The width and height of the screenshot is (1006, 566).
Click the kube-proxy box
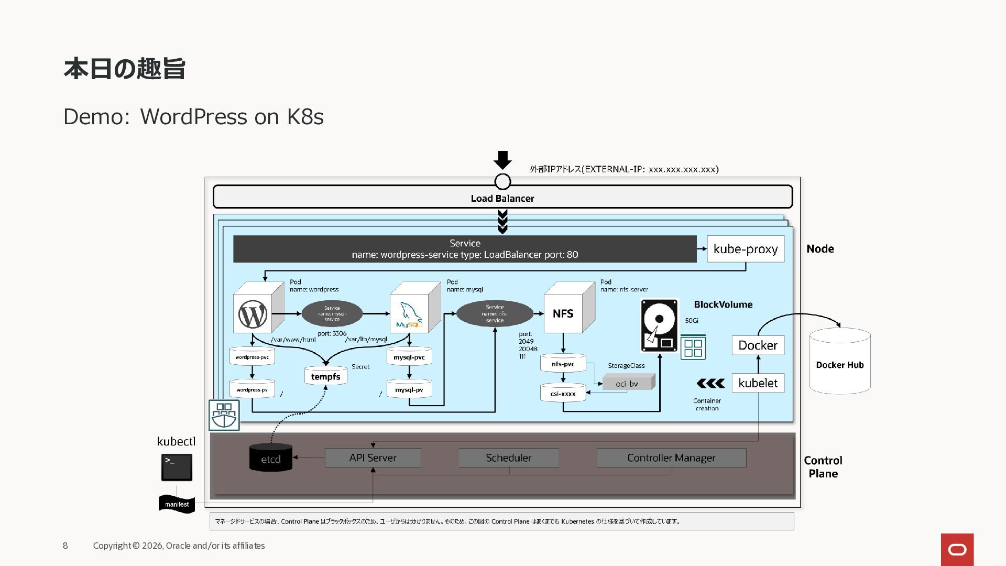point(745,249)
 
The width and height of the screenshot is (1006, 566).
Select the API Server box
point(373,458)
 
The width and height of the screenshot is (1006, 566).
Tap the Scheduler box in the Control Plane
point(508,458)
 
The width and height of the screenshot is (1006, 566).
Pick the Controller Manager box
point(671,458)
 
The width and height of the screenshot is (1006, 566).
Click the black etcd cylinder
point(271,458)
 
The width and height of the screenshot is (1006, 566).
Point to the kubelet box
point(758,383)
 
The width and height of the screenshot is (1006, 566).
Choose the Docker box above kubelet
point(758,345)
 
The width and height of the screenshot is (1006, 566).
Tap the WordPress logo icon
point(253,314)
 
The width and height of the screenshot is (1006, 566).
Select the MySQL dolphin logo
point(409,314)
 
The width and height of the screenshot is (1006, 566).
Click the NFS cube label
point(563,313)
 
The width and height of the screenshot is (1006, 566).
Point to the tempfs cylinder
point(325,376)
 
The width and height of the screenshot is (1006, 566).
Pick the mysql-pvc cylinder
point(409,357)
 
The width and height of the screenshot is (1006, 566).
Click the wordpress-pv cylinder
point(252,389)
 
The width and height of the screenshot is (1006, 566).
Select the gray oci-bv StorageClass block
point(628,383)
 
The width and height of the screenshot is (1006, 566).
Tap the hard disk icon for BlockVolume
point(659,325)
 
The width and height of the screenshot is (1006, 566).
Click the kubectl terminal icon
point(177,467)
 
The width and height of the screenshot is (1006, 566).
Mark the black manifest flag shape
point(177,504)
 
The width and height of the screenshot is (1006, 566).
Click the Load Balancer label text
point(502,198)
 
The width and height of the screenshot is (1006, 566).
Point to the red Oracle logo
point(957,549)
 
